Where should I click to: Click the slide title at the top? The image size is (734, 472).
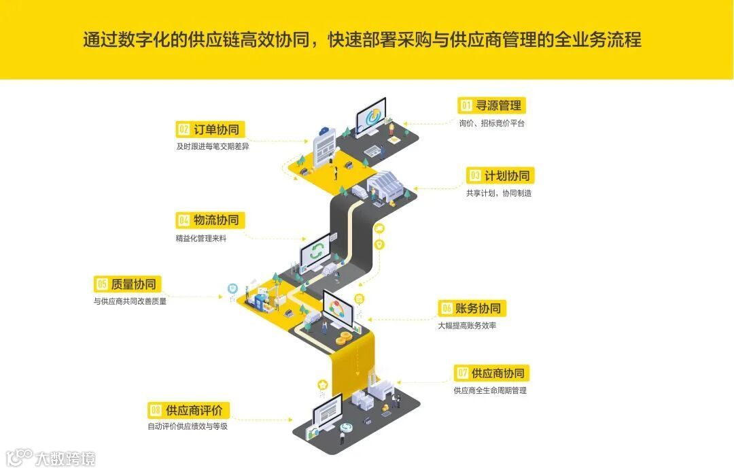[362, 40]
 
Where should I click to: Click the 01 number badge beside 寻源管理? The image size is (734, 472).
[466, 105]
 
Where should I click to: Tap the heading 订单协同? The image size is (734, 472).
[216, 129]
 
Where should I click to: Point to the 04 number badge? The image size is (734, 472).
[183, 220]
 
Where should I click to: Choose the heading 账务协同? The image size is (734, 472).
[480, 308]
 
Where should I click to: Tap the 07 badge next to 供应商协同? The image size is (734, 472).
[462, 373]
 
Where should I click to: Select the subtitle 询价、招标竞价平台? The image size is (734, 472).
[492, 124]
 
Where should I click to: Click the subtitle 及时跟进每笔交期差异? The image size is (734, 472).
[213, 147]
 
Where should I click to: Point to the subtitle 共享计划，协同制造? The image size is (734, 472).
[499, 193]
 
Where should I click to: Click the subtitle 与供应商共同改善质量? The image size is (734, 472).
[130, 301]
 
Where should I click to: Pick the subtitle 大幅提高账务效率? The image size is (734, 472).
[467, 326]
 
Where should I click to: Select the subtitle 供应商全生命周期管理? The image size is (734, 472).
[490, 390]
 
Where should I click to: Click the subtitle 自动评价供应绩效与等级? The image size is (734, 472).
[188, 427]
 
